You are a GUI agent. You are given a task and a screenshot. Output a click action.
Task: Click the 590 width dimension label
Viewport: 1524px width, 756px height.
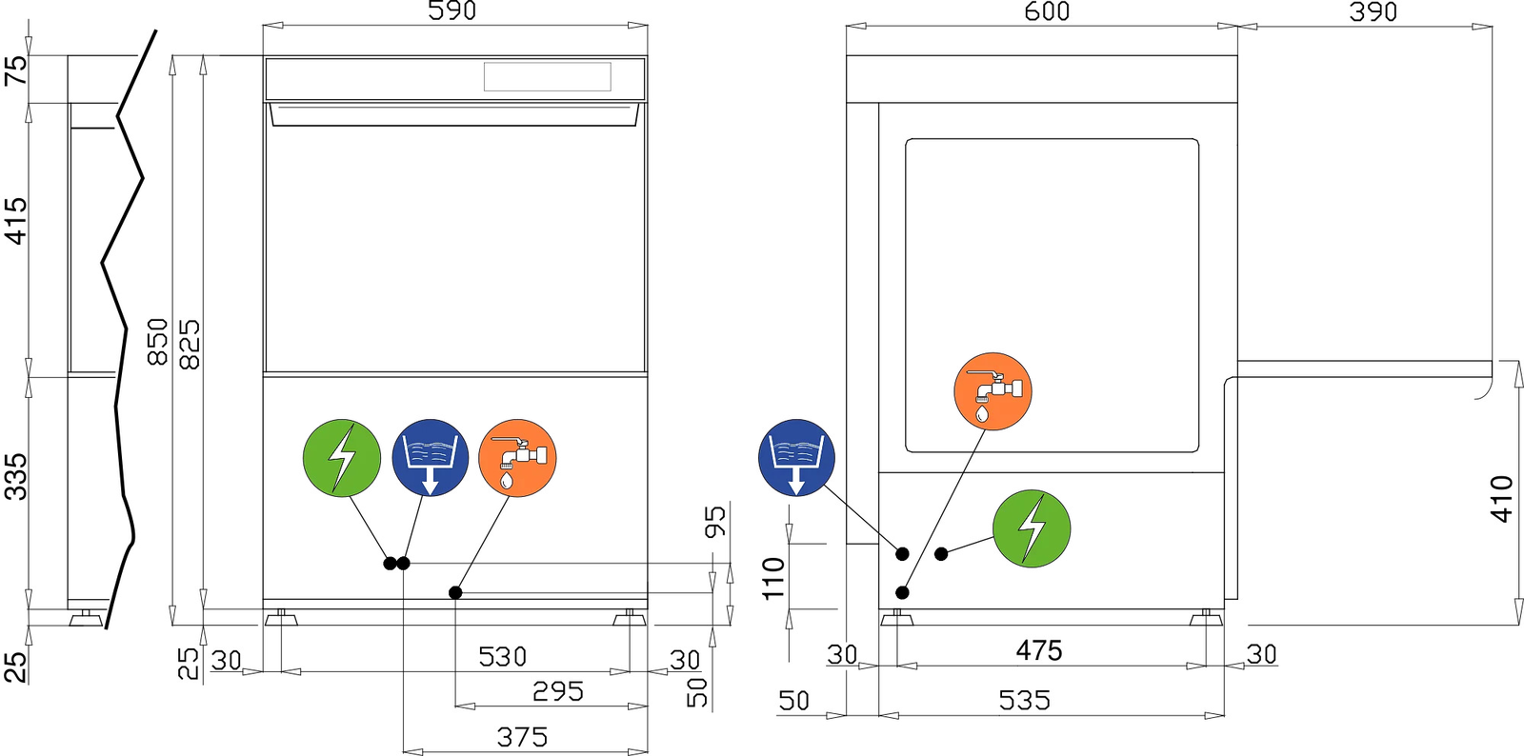(x=452, y=10)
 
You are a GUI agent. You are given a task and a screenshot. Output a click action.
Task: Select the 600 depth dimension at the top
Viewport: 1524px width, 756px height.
(x=1047, y=10)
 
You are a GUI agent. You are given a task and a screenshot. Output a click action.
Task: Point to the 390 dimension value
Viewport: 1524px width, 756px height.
(x=1373, y=10)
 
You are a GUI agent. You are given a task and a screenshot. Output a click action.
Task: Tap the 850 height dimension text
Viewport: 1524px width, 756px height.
(x=158, y=341)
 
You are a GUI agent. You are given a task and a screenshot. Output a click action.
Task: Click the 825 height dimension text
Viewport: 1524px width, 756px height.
(x=190, y=345)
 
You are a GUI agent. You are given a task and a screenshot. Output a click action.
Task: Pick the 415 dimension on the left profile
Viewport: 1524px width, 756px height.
(x=16, y=221)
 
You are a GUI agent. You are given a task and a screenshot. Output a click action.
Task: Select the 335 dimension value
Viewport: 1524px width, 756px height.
(x=16, y=477)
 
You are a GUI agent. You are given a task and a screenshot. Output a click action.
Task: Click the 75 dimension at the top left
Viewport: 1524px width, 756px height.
(x=16, y=70)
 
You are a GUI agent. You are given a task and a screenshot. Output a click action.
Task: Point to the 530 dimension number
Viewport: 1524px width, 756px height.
(x=503, y=657)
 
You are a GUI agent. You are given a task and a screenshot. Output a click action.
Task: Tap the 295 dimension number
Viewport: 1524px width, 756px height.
(x=558, y=691)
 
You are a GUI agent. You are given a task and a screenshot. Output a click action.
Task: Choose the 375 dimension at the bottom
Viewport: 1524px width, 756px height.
(x=523, y=737)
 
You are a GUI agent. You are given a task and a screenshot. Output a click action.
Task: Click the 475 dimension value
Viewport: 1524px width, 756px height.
(x=1039, y=650)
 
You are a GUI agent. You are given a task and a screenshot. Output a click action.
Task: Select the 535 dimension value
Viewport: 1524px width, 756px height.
(x=1025, y=700)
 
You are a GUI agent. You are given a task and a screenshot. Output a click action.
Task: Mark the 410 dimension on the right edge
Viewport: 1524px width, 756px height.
(x=1502, y=499)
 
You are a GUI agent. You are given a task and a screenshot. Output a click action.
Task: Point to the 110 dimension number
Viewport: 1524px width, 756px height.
(x=774, y=578)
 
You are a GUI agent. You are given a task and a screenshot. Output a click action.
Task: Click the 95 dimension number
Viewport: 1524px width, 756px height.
(x=715, y=522)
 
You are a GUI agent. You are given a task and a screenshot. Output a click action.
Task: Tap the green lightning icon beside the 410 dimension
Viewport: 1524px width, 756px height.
(x=1032, y=528)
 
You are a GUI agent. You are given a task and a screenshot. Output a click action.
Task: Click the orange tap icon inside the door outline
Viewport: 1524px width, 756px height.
(x=993, y=391)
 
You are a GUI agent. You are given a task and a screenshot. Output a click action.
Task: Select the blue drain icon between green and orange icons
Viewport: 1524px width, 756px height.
(x=430, y=458)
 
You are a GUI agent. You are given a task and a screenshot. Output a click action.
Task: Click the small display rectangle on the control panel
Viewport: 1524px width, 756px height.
(x=548, y=77)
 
